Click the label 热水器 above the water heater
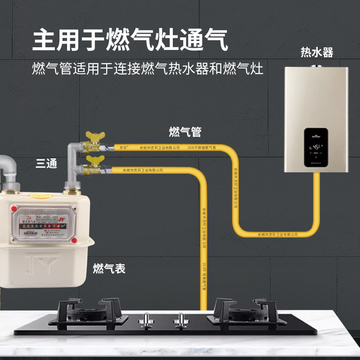pos(317,53)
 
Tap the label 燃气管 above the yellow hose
pos(184,132)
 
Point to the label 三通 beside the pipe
pos(46,164)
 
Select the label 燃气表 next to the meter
pos(109,269)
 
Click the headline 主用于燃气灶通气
pos(130,40)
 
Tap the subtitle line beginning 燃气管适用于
pos(147,70)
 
